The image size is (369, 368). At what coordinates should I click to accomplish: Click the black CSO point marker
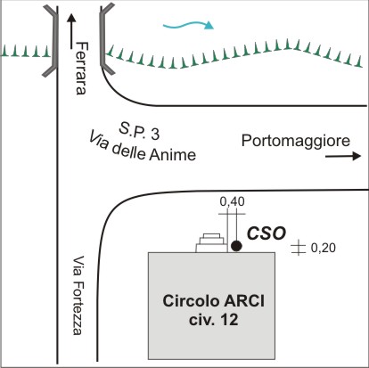(x=236, y=246)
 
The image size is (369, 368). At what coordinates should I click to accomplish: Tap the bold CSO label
(x=266, y=233)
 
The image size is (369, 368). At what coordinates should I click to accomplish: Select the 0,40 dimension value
(x=233, y=201)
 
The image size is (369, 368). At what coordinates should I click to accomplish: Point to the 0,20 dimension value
(x=324, y=248)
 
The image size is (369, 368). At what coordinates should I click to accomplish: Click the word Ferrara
(x=81, y=68)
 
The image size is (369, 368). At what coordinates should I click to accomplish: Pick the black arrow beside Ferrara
(x=71, y=31)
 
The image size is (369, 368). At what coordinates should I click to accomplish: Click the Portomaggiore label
(x=296, y=141)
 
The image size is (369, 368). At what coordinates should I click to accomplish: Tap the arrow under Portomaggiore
(x=343, y=156)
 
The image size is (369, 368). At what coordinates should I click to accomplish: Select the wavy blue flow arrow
(x=188, y=26)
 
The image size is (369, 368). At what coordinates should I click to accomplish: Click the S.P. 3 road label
(x=139, y=132)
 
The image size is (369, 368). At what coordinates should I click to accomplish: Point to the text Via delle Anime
(x=142, y=147)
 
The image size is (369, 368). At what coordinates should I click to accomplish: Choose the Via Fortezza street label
(x=78, y=296)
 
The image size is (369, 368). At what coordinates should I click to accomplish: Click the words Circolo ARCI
(x=213, y=301)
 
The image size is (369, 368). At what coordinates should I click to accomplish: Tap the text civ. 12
(x=214, y=320)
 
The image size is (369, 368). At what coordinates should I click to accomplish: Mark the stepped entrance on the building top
(x=211, y=243)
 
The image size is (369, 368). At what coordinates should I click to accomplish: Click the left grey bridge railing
(x=51, y=41)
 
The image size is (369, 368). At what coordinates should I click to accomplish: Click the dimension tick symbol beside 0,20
(x=299, y=249)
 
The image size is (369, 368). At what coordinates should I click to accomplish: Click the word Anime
(x=173, y=155)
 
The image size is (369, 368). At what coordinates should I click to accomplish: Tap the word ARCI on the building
(x=244, y=301)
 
